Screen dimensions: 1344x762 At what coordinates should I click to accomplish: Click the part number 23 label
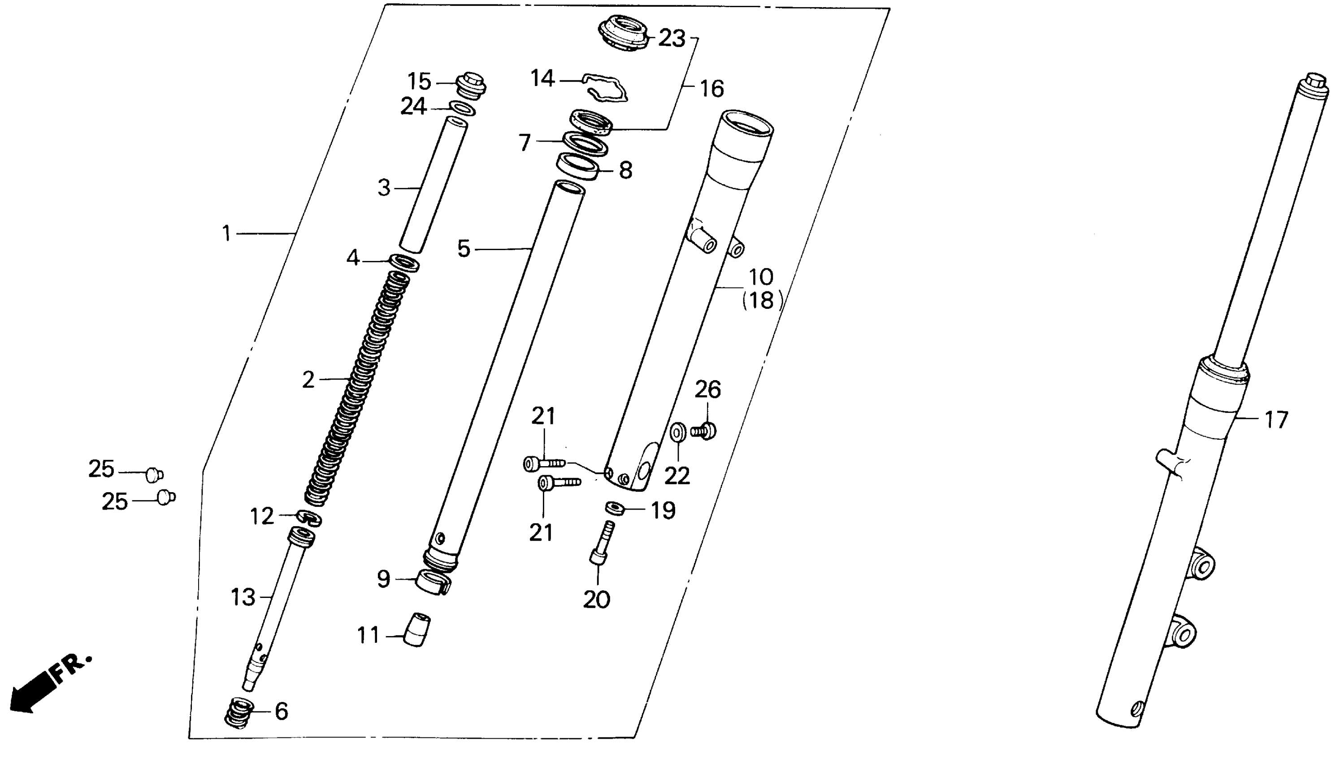coord(672,38)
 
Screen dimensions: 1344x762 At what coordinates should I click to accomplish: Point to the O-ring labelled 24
coord(462,108)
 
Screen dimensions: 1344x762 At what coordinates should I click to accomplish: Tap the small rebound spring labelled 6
coord(239,712)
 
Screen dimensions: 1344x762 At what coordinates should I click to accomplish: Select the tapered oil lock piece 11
coord(416,630)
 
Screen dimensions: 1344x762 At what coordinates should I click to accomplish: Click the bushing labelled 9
coord(433,584)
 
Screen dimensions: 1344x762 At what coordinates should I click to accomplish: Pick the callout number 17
coord(1276,420)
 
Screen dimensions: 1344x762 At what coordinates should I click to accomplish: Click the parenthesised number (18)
coord(762,300)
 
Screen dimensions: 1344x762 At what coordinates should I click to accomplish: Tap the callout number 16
coord(712,89)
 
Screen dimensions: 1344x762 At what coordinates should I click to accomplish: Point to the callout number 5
coord(464,249)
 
